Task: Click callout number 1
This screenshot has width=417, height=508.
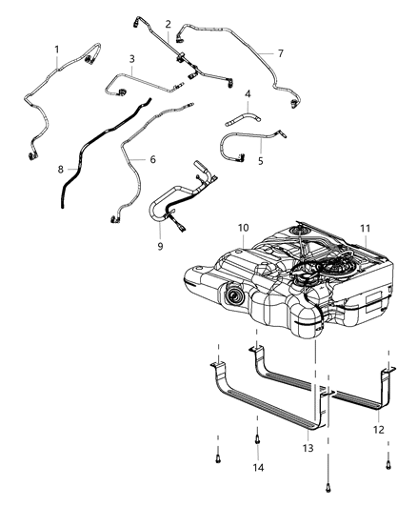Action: tap(56, 49)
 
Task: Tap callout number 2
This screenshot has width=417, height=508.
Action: tap(168, 24)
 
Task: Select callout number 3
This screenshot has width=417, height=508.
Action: tap(132, 58)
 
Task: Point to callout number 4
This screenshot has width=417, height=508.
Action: tap(248, 94)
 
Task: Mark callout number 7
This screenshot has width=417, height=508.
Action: tap(280, 53)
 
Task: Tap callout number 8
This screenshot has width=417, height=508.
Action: tap(61, 170)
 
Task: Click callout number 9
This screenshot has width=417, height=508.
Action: tap(161, 247)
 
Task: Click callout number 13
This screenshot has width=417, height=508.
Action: tap(308, 448)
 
